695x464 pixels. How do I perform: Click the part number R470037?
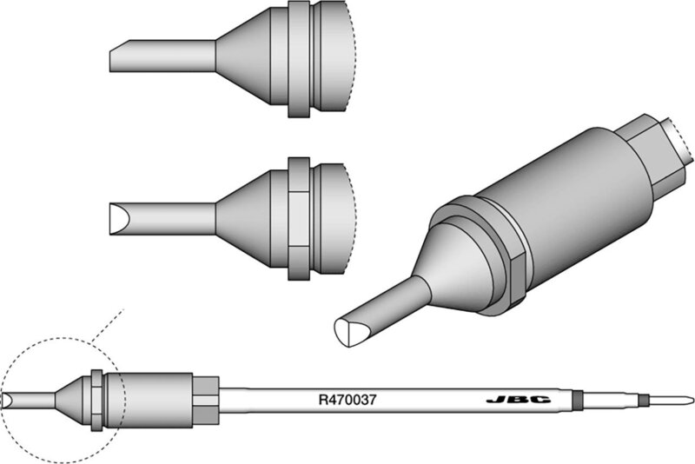(347, 401)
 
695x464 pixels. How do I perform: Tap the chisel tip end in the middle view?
(116, 213)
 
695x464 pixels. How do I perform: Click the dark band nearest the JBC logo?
(579, 401)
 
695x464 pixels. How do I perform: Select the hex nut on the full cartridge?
(205, 400)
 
